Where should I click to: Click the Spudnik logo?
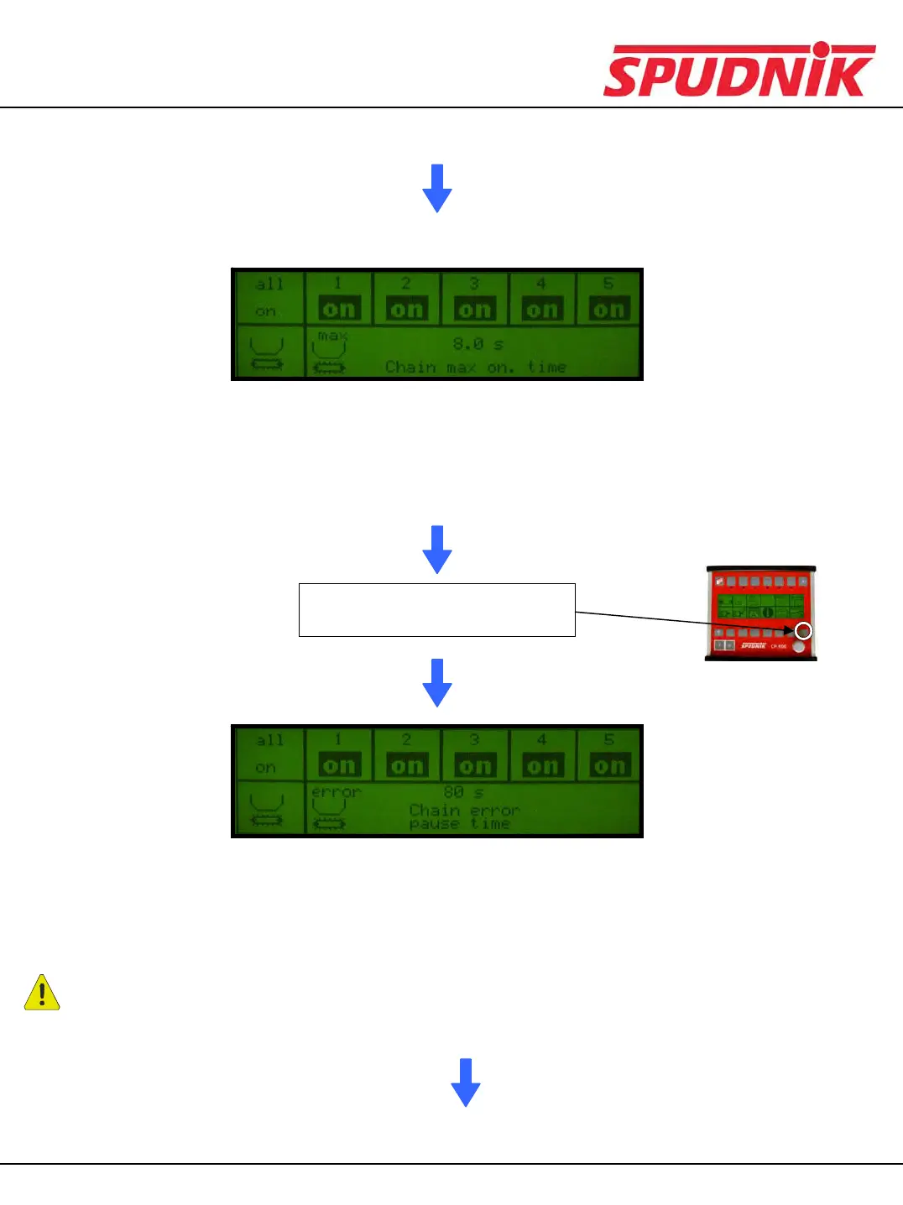[x=739, y=70]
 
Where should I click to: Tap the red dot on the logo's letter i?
[x=821, y=50]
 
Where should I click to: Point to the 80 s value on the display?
[x=463, y=792]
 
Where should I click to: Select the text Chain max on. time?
[x=475, y=368]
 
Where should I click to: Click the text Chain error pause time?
[x=463, y=816]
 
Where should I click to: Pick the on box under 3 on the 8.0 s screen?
[x=474, y=310]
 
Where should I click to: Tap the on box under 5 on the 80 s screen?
[x=609, y=765]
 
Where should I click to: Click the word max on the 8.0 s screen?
[x=332, y=336]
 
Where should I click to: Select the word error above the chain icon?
[x=336, y=792]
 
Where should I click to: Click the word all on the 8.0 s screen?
[x=269, y=284]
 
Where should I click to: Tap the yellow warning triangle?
[x=42, y=993]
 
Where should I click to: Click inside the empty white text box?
[x=436, y=610]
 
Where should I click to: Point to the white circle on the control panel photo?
[x=803, y=631]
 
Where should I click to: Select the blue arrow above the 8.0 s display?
[x=437, y=188]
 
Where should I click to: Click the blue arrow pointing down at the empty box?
[x=437, y=550]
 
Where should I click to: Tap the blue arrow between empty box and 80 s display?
[x=437, y=682]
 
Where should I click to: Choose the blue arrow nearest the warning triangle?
[x=466, y=1082]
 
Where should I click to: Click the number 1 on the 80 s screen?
[x=339, y=740]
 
